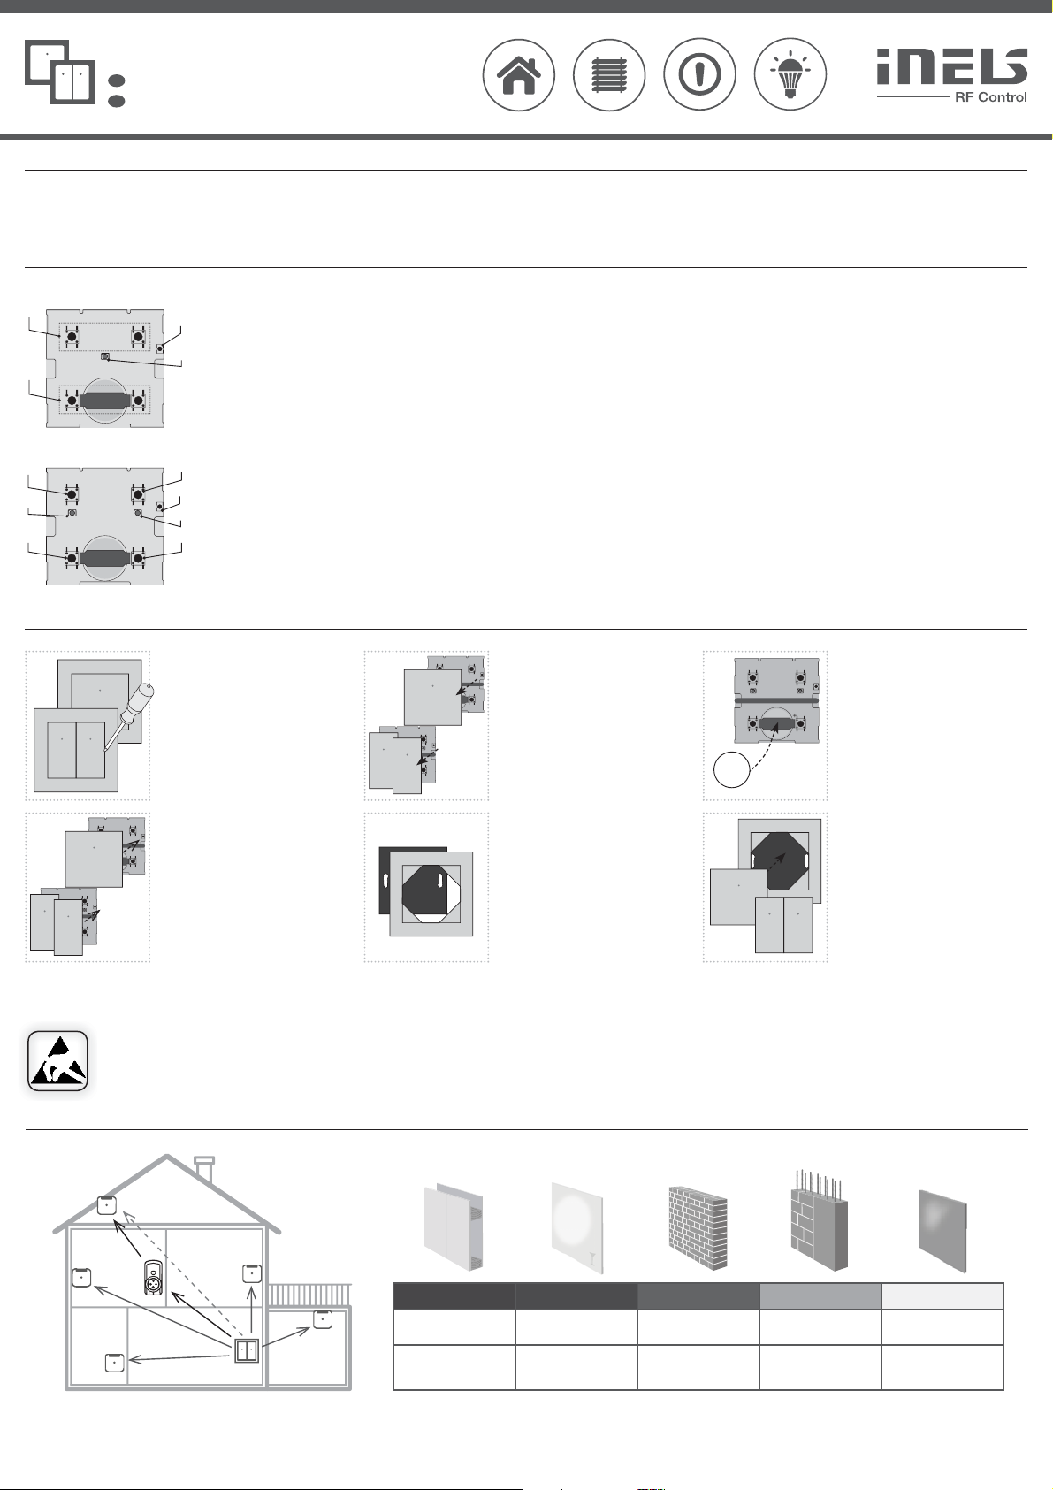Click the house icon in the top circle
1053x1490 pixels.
tap(519, 75)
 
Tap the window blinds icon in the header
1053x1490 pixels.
tap(609, 75)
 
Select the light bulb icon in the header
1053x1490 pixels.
tap(790, 75)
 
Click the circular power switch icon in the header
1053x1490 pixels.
tap(699, 75)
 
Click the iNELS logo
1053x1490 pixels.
tap(951, 66)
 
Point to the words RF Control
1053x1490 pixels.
tap(990, 97)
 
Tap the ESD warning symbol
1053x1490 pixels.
tap(57, 1060)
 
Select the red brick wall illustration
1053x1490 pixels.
tap(698, 1230)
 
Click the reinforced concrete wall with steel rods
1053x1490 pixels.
tap(819, 1225)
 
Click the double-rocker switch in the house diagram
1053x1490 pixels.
tap(247, 1351)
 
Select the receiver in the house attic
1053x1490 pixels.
tap(107, 1204)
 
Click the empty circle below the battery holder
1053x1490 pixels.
tap(731, 770)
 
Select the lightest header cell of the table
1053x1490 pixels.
tap(942, 1296)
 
